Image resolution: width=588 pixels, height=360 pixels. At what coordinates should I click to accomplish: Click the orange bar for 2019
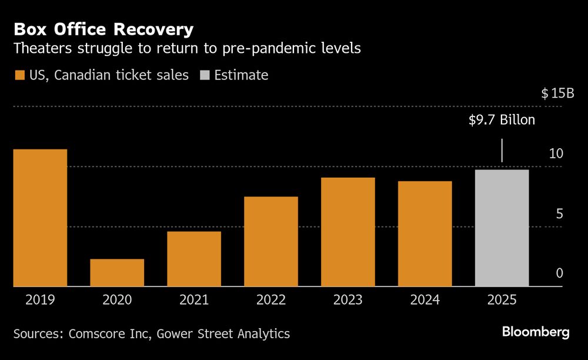click(40, 218)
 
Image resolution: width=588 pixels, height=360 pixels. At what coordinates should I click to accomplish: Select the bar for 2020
click(117, 272)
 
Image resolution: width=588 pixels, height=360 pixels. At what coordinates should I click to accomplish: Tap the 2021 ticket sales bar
click(194, 259)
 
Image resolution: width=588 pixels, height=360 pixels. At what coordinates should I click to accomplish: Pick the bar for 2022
click(271, 241)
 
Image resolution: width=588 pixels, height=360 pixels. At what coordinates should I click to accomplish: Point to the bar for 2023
click(348, 232)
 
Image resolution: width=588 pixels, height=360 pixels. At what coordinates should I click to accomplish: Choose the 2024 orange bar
click(425, 234)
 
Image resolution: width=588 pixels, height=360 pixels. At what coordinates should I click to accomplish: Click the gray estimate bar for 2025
click(502, 228)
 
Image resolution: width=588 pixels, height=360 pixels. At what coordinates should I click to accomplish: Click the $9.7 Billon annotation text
click(502, 120)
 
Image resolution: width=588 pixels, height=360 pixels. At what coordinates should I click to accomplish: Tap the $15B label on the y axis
click(557, 93)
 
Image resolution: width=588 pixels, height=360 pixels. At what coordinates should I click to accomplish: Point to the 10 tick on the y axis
click(556, 154)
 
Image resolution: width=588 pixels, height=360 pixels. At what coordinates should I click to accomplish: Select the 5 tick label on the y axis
click(559, 214)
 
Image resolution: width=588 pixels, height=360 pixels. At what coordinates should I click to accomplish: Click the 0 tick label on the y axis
click(559, 274)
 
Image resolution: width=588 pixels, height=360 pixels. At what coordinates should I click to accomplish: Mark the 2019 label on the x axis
click(40, 300)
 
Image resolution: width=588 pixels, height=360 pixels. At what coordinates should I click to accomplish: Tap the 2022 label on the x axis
click(271, 300)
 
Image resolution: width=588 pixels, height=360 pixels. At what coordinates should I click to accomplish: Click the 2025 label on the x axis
click(502, 300)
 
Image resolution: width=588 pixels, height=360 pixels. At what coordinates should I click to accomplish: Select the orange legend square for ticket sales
click(19, 75)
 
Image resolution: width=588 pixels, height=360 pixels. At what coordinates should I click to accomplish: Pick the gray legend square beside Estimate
click(204, 75)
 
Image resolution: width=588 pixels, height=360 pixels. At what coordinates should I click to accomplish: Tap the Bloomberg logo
click(536, 332)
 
